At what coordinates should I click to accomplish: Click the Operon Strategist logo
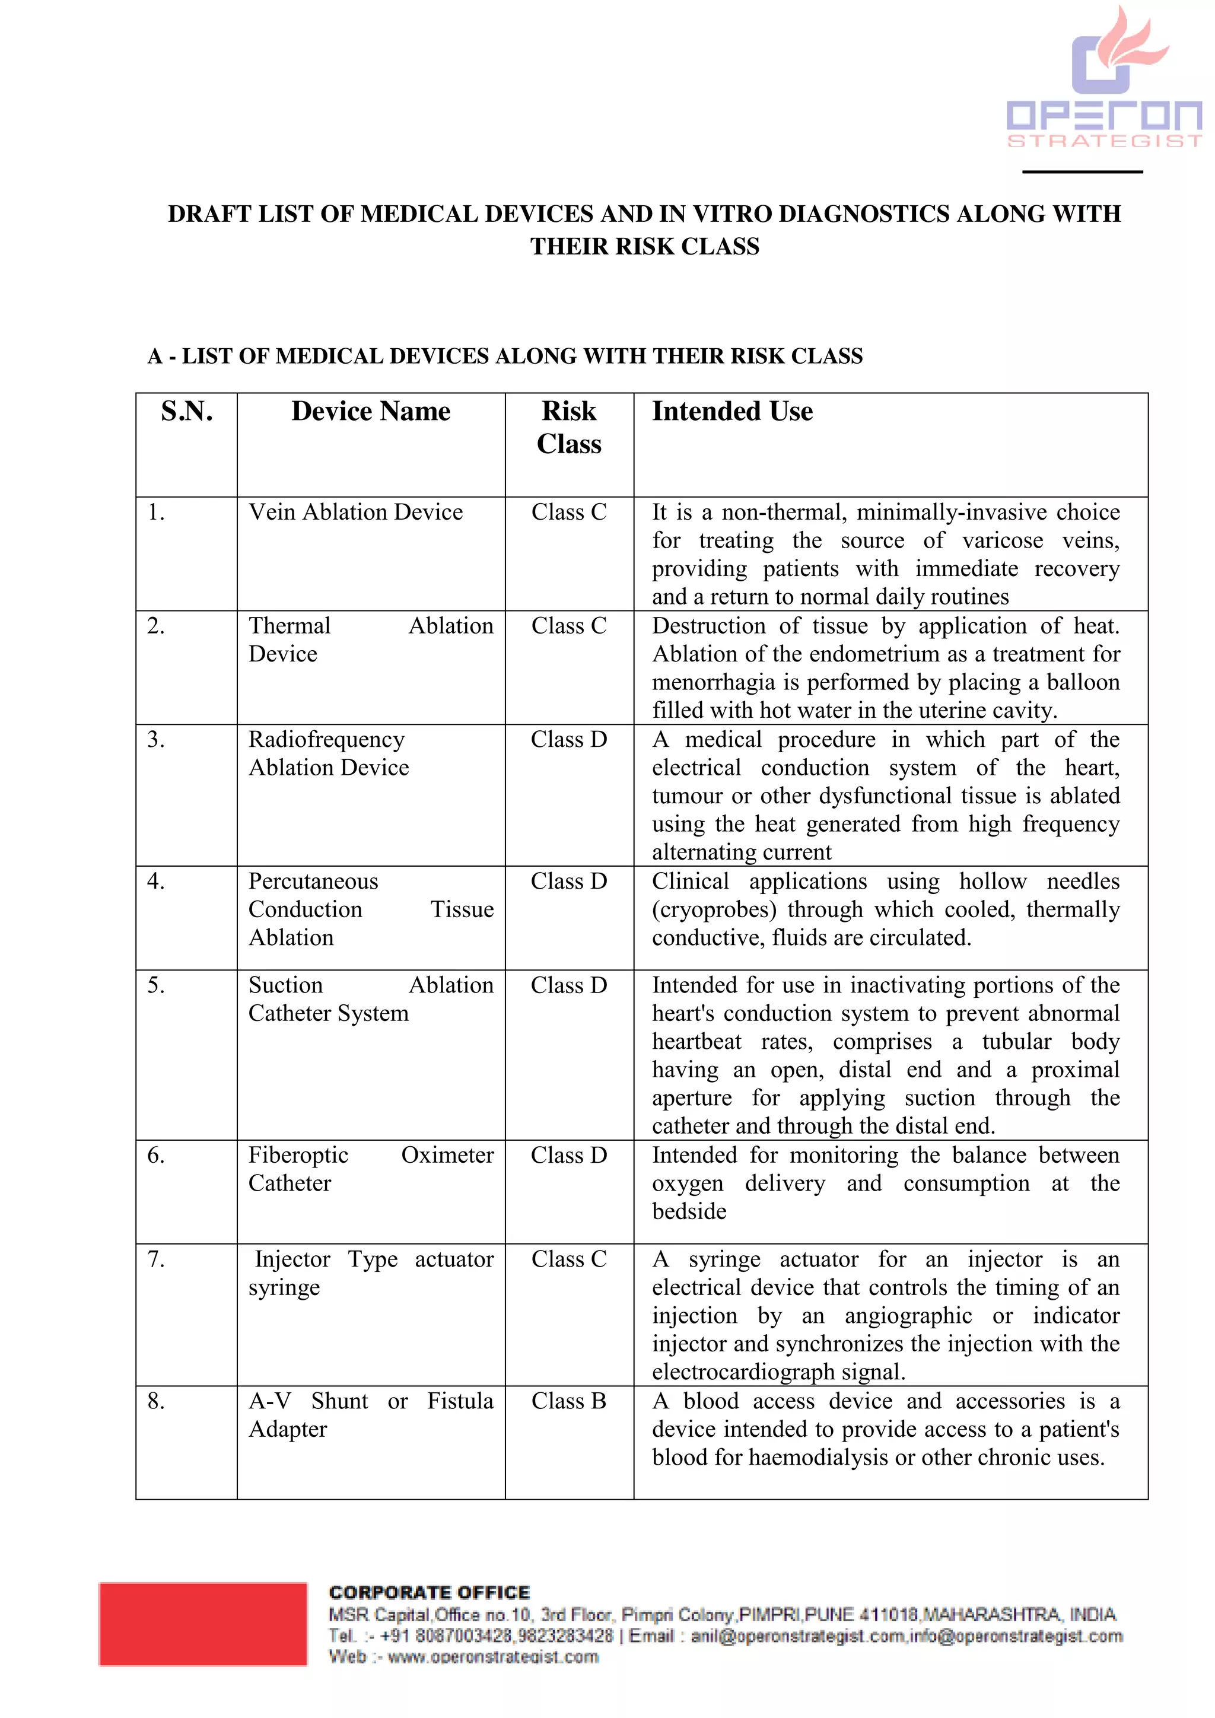[x=1104, y=78]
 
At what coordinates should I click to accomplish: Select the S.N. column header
[x=186, y=412]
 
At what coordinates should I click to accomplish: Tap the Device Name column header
[x=370, y=412]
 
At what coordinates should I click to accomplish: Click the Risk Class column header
[x=568, y=427]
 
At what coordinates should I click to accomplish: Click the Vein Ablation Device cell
[x=355, y=513]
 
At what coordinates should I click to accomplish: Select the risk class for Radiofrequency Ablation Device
[x=568, y=740]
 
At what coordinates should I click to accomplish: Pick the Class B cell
[x=568, y=1401]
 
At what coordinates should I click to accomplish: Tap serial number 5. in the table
[x=155, y=985]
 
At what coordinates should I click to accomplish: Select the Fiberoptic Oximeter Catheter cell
[x=370, y=1169]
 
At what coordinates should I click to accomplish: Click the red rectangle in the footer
[x=203, y=1624]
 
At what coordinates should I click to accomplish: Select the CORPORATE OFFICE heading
[x=430, y=1592]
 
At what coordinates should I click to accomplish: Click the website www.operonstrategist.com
[x=493, y=1657]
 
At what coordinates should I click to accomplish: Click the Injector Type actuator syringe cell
[x=370, y=1274]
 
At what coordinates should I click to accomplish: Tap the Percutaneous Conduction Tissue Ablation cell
[x=370, y=910]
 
